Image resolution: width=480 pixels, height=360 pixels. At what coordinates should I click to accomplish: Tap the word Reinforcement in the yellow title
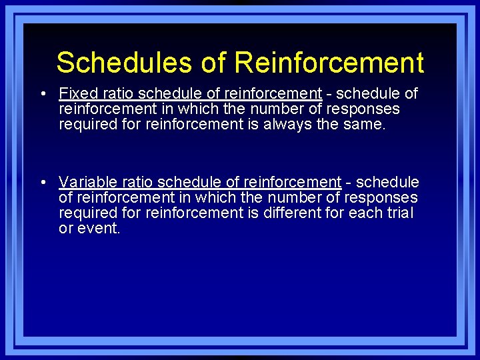tap(329, 63)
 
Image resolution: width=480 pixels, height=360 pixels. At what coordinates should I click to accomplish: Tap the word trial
tap(399, 213)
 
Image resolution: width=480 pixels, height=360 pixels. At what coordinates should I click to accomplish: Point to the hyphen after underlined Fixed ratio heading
tap(329, 94)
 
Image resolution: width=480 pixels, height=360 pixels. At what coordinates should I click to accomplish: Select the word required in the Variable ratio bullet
tap(85, 213)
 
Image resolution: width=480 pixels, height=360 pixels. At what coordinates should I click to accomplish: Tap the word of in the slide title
tap(214, 63)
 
